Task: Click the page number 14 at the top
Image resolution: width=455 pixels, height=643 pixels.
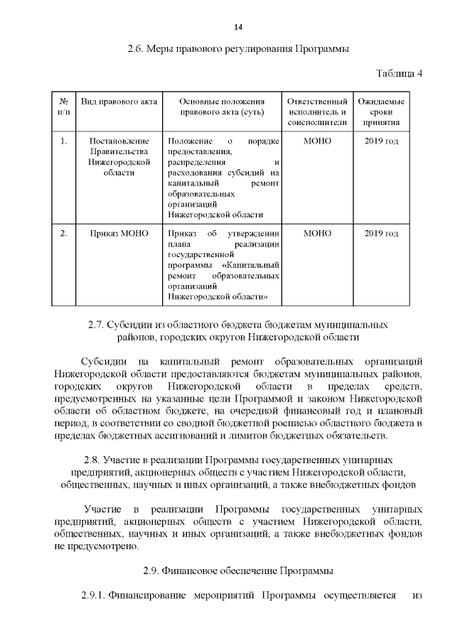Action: coord(238,27)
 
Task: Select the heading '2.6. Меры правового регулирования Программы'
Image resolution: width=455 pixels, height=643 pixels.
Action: coord(237,49)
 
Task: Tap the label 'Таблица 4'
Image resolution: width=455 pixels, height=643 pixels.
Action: coord(398,74)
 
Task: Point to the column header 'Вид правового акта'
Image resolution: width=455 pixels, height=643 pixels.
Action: coord(119,102)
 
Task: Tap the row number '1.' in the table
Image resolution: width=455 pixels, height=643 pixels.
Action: coord(63,141)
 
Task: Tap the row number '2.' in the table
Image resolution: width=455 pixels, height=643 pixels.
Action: coord(63,233)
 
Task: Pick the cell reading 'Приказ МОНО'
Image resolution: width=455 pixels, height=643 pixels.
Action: coord(119,233)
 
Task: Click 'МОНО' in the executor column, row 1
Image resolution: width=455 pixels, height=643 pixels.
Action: coord(317,141)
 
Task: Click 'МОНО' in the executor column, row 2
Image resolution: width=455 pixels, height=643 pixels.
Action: coord(317,233)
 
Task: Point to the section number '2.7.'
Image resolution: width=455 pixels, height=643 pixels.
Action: coord(97,325)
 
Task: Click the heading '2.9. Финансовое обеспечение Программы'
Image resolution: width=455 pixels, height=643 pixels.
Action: coord(237,571)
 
